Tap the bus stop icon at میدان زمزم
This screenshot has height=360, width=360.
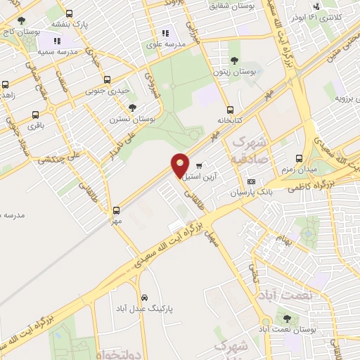[x=300, y=158]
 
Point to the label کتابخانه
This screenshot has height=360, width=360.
[x=231, y=120]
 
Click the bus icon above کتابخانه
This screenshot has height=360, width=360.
[x=230, y=110]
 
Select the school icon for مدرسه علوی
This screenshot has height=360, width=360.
[x=166, y=32]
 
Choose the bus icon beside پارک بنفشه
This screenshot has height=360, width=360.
[x=69, y=13]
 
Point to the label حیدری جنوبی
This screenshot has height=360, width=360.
[x=108, y=90]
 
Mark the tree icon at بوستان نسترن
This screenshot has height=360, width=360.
[x=133, y=108]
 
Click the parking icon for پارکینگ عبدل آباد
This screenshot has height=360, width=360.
[x=143, y=297]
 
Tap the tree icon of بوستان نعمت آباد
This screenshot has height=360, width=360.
[x=285, y=318]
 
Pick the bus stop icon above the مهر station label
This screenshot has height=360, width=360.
[x=117, y=210]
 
